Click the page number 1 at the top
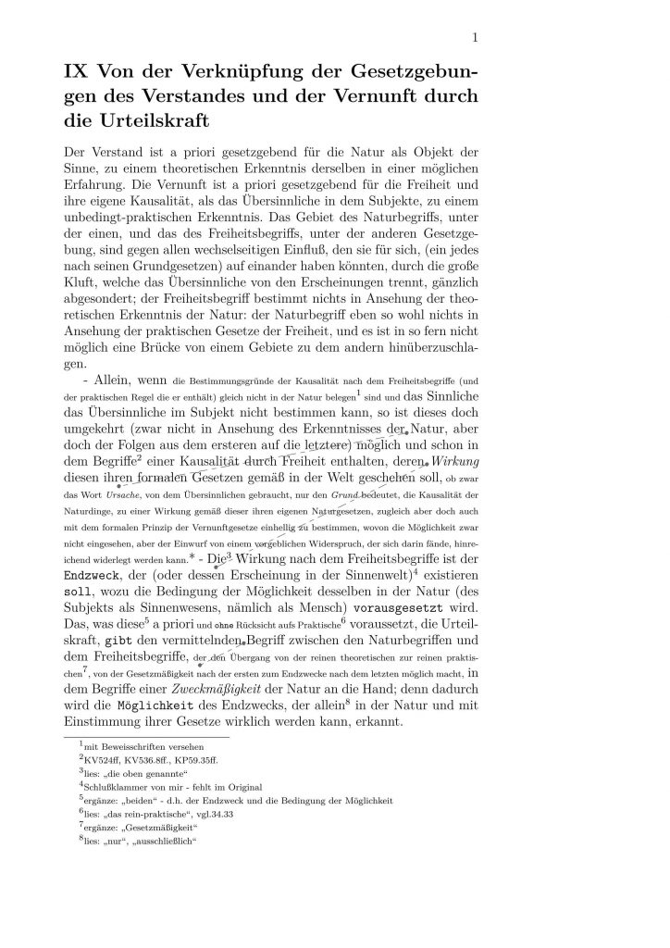(474, 37)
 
